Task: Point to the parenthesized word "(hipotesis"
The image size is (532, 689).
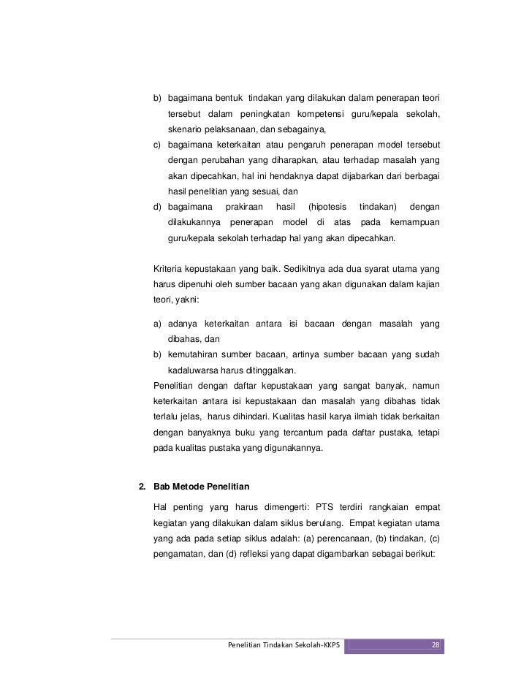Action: (x=327, y=208)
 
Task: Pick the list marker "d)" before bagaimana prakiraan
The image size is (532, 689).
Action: (x=158, y=208)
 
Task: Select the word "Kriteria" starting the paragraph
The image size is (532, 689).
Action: (x=169, y=266)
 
